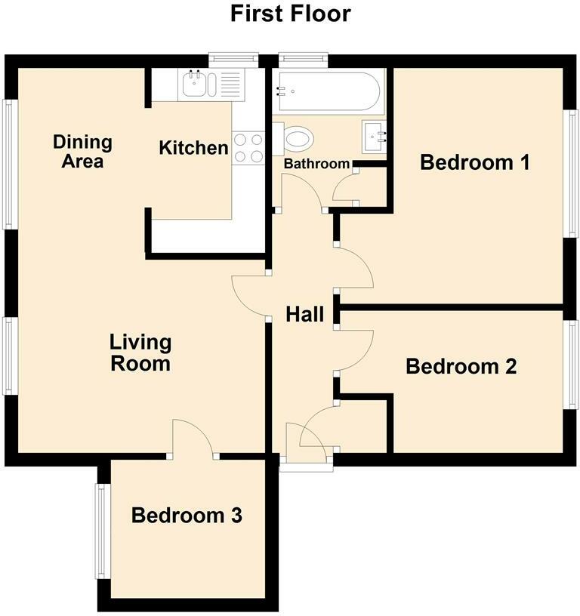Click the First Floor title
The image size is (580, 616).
[x=290, y=14]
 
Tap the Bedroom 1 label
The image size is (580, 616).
[x=474, y=162]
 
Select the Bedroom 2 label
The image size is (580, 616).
[x=461, y=366]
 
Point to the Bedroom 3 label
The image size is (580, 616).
[x=187, y=516]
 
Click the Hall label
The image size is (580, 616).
[x=304, y=314]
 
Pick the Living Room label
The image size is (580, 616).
[x=140, y=353]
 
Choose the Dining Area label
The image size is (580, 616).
[x=82, y=151]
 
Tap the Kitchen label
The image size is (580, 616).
[x=193, y=148]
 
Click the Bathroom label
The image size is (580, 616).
[x=316, y=164]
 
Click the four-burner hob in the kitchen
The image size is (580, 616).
[x=248, y=147]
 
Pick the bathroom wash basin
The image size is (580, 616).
[x=376, y=137]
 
